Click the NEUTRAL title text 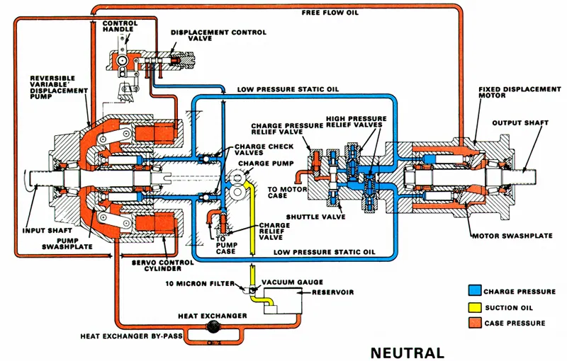(x=408, y=352)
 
